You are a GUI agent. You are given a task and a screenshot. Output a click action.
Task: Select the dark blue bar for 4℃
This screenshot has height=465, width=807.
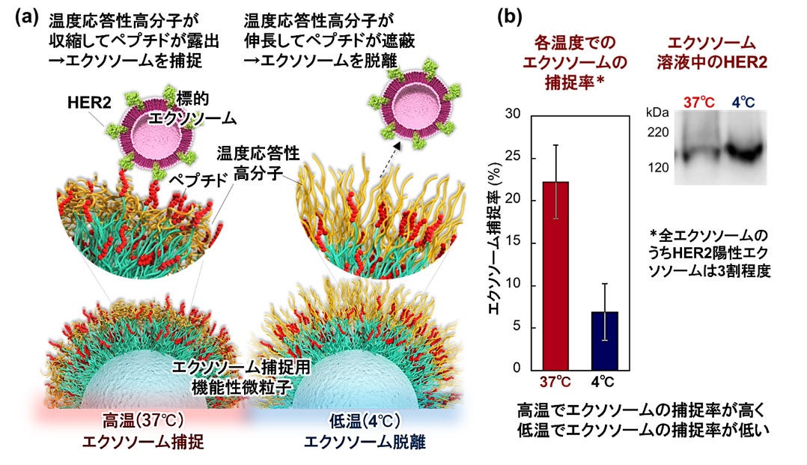(604, 340)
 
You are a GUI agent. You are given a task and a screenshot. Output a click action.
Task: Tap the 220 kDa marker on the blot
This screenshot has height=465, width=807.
(658, 133)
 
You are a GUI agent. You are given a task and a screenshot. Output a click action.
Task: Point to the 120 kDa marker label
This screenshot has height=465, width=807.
(658, 167)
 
